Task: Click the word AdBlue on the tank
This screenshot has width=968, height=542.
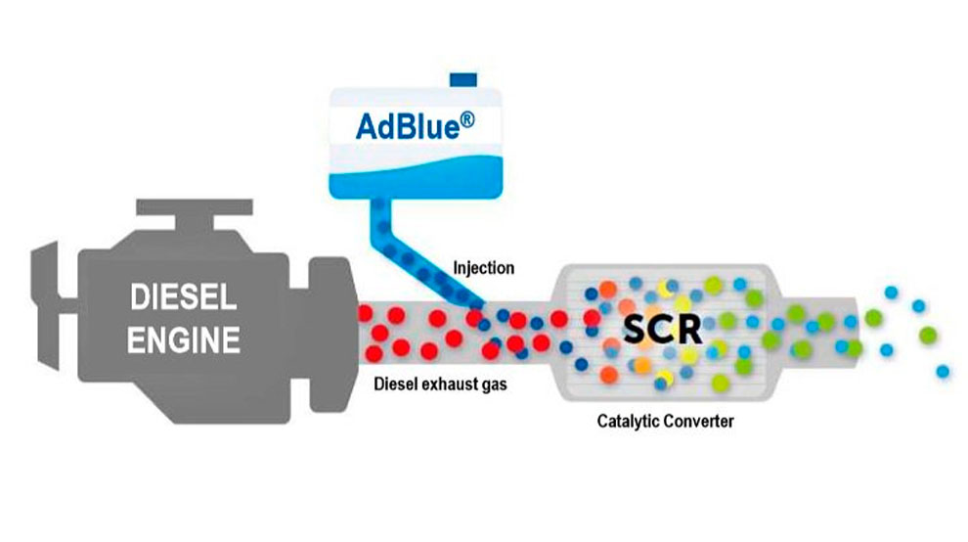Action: [408, 126]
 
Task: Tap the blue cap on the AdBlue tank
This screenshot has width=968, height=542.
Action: [463, 80]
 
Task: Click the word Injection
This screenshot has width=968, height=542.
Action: [483, 268]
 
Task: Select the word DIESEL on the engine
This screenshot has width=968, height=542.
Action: [184, 297]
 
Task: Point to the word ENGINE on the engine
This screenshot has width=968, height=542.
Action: [184, 339]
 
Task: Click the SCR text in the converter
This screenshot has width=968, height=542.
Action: [662, 330]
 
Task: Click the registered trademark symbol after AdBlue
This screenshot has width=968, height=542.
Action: [467, 119]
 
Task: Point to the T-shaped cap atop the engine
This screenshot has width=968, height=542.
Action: [195, 214]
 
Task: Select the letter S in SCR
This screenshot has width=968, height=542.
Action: [636, 330]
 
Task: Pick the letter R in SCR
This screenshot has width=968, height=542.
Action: [690, 330]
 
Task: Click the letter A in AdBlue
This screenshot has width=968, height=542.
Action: [366, 126]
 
